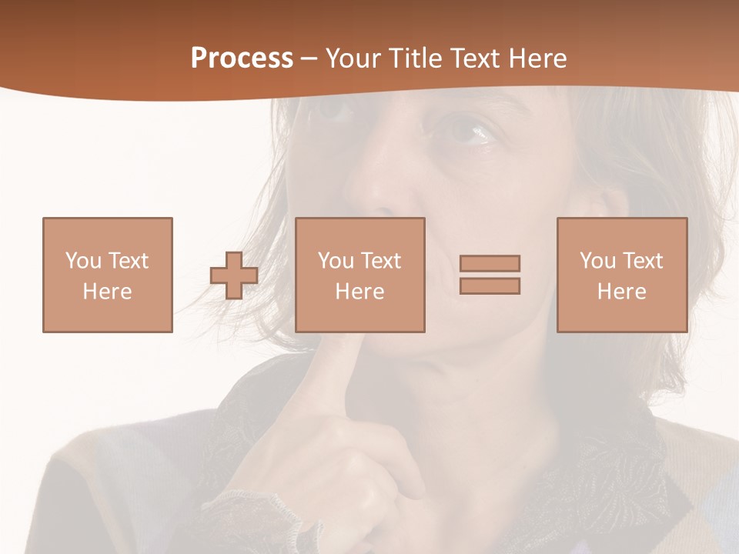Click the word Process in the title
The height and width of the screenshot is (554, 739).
242,58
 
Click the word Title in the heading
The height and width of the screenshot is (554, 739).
417,58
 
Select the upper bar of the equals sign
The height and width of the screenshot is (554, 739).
490,264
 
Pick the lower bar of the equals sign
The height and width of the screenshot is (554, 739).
490,285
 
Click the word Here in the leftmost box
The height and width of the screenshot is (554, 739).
108,292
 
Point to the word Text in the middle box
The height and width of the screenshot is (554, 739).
380,261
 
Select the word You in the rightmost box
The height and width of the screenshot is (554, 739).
597,261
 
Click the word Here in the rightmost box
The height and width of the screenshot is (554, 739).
622,292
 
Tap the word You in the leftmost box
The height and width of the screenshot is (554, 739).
83,261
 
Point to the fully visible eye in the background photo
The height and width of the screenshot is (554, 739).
465,132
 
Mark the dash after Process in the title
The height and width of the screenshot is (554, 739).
309,58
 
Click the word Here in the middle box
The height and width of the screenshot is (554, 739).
359,292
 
